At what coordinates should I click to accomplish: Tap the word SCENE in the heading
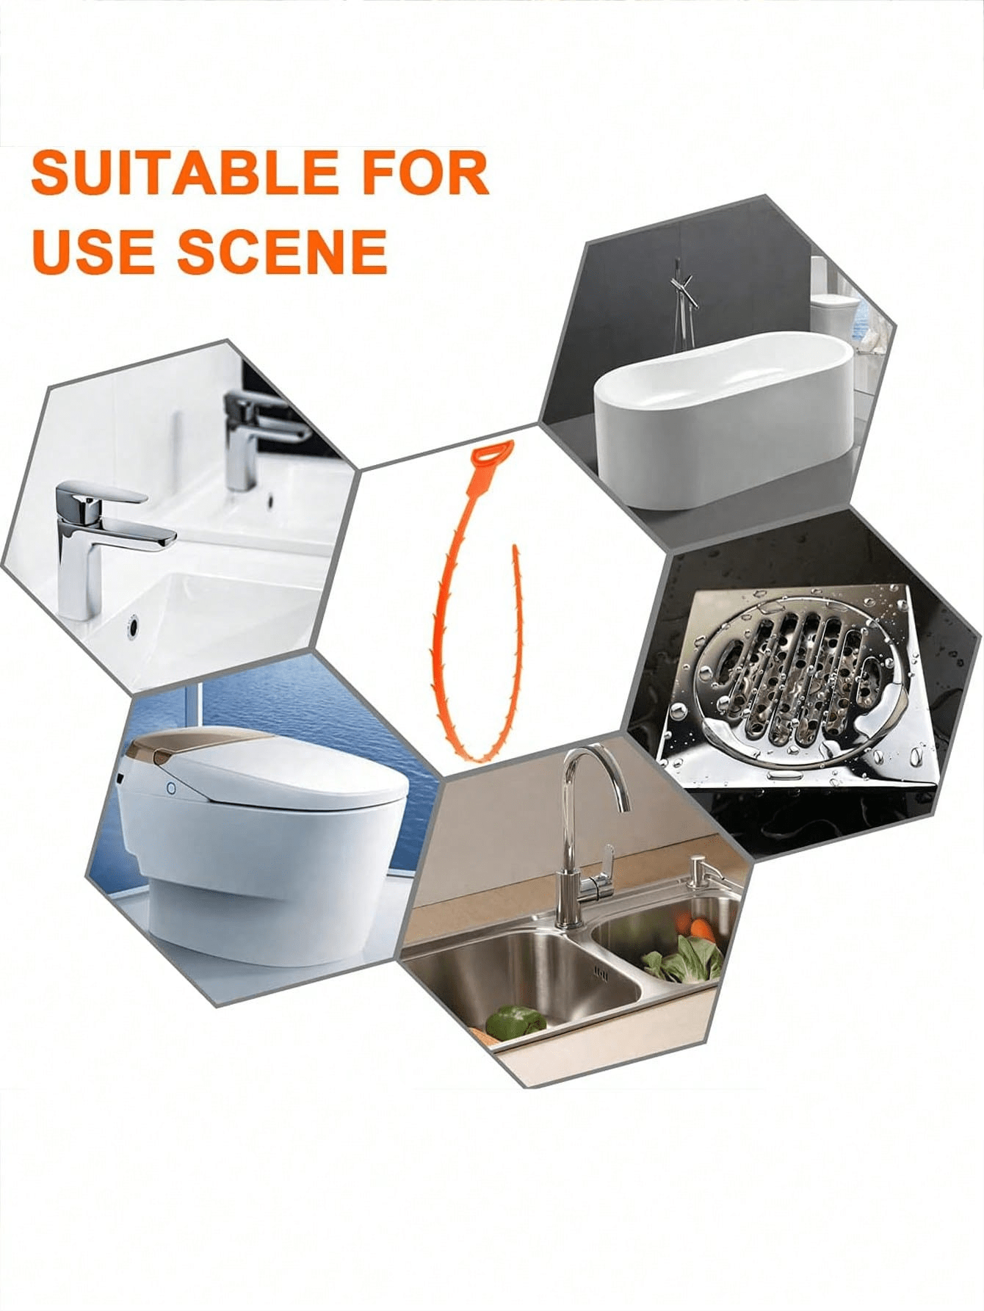coord(282,250)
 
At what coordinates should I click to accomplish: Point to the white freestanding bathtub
coord(723,419)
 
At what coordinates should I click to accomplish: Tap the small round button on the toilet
coord(171,789)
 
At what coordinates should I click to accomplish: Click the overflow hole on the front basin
coord(132,628)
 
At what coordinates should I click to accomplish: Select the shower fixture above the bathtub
coord(683,301)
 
